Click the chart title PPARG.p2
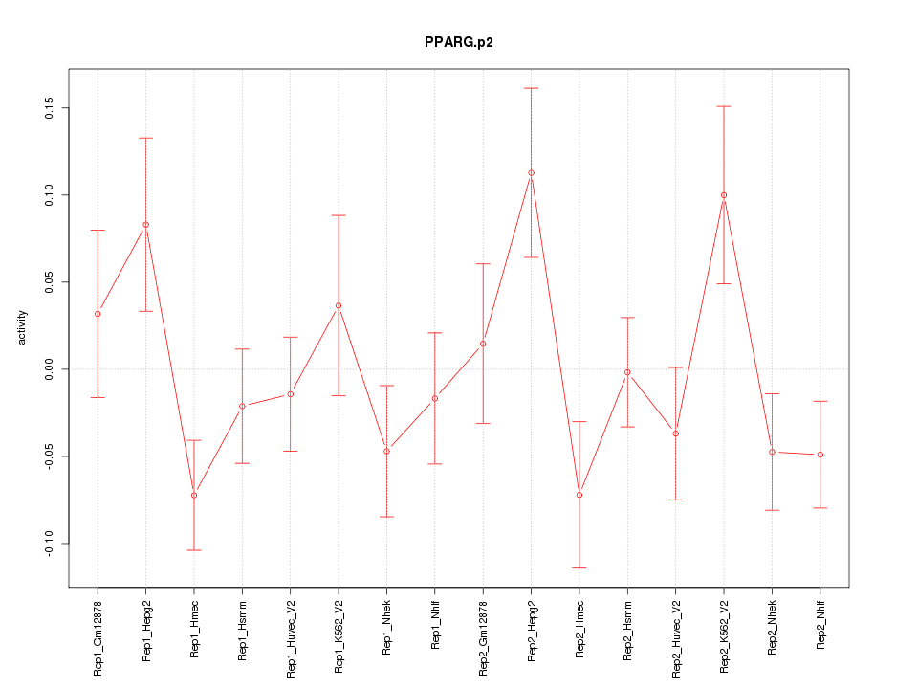point(459,43)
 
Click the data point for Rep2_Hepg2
point(531,173)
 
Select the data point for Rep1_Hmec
point(194,495)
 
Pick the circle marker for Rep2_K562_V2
point(724,195)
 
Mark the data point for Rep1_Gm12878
point(98,314)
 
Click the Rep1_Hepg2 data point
point(145,225)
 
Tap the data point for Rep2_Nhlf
point(820,455)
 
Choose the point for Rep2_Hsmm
point(627,372)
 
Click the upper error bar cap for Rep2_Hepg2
point(531,88)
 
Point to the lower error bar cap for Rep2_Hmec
point(579,568)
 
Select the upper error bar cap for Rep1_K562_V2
point(339,215)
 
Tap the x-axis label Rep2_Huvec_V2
point(676,635)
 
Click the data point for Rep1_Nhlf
point(435,398)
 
